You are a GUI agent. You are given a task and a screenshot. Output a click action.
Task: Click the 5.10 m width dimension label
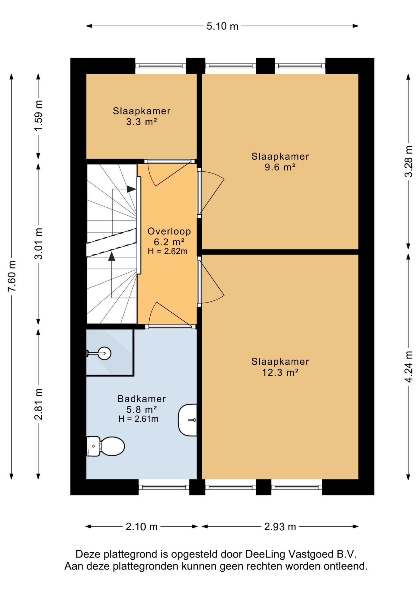[222, 26]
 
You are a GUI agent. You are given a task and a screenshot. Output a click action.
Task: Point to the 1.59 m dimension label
[39, 116]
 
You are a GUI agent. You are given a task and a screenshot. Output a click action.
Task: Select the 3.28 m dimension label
[409, 161]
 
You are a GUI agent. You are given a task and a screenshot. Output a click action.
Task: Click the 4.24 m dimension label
[409, 367]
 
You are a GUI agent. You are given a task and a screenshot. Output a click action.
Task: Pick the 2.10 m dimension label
[142, 527]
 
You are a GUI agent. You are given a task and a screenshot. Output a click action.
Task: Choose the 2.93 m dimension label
[280, 527]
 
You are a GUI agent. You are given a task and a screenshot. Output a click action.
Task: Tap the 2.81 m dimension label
[39, 404]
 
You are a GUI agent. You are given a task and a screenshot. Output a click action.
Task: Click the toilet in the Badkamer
[105, 446]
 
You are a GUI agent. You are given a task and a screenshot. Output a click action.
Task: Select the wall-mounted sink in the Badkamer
[188, 420]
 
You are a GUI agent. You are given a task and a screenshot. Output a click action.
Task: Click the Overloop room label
[169, 231]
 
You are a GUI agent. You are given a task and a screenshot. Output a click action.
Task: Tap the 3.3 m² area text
[142, 122]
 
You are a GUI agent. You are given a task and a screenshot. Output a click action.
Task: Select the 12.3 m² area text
[280, 372]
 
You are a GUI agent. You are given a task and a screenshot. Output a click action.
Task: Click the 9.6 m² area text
[280, 167]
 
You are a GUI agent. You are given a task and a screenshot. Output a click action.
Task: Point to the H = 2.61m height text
[138, 419]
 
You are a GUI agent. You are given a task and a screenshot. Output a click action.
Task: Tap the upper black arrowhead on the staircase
[131, 189]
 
